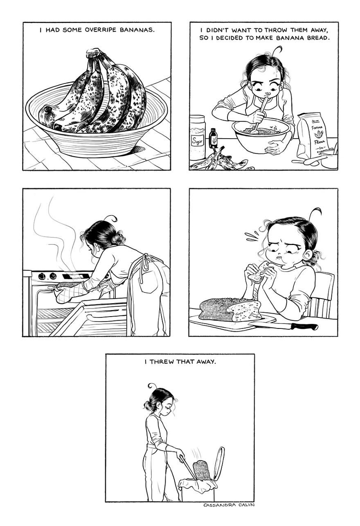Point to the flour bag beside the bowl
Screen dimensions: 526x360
(x=313, y=135)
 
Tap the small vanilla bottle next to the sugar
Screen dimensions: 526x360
(x=213, y=139)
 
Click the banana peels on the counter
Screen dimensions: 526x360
(x=219, y=162)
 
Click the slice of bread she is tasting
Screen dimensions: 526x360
(x=258, y=273)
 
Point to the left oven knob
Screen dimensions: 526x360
(x=42, y=276)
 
